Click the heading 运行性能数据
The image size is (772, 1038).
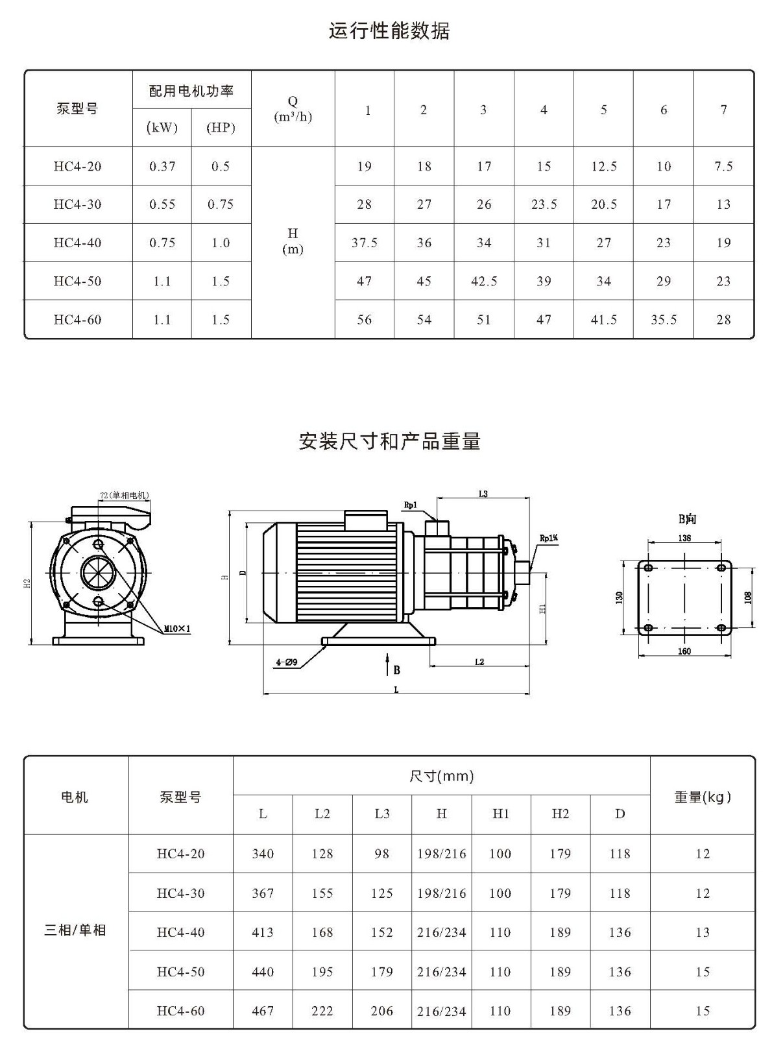[389, 31]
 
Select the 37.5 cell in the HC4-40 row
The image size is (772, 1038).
[364, 243]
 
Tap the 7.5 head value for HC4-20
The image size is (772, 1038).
[723, 166]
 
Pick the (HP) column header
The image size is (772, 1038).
[221, 128]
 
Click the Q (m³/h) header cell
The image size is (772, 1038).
[293, 108]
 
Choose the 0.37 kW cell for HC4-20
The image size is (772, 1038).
[162, 166]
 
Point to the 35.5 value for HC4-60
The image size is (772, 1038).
[664, 320]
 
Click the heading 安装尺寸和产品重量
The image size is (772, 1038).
[389, 441]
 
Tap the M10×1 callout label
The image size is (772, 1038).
[177, 629]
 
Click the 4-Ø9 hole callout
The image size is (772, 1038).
[287, 662]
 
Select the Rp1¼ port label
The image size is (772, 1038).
[549, 538]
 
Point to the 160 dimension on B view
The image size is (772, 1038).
[684, 651]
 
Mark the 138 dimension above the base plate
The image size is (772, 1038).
[684, 538]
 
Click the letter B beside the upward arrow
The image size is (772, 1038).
[396, 670]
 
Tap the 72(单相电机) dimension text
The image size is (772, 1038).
[125, 495]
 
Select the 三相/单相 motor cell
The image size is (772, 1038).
[75, 930]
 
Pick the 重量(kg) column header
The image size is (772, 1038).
[702, 797]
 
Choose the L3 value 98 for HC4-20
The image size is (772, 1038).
[382, 854]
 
